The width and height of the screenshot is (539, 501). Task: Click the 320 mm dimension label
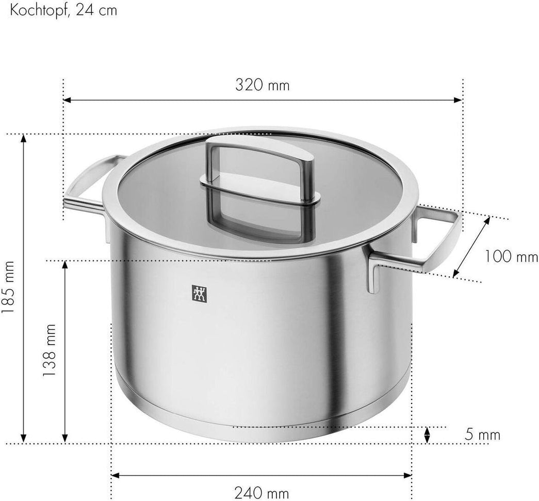tap(262, 85)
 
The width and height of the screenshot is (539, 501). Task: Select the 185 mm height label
tap(10, 288)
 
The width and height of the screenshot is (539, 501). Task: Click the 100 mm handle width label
tap(511, 256)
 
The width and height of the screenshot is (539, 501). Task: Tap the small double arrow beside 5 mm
tap(427, 435)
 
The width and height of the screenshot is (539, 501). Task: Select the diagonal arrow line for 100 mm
tap(471, 247)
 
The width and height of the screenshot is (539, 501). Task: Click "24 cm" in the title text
tap(97, 10)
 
